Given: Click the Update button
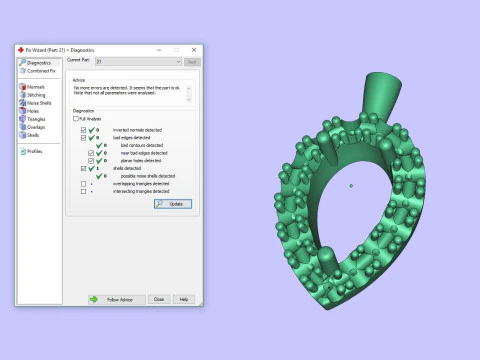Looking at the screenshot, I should click(x=172, y=203).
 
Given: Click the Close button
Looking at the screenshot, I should click(x=158, y=299).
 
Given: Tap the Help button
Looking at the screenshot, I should click(x=183, y=299).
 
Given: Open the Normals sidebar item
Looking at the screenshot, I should click(x=34, y=87).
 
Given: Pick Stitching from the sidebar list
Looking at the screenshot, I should click(x=35, y=95).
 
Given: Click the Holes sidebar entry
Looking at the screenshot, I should click(x=32, y=111).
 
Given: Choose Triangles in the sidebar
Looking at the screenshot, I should click(x=35, y=119).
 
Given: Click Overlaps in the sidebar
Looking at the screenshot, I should click(x=35, y=127).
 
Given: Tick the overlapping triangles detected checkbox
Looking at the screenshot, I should click(x=84, y=184).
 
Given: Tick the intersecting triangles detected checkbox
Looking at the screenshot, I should click(x=84, y=191).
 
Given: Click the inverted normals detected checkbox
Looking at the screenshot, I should click(x=84, y=130).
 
